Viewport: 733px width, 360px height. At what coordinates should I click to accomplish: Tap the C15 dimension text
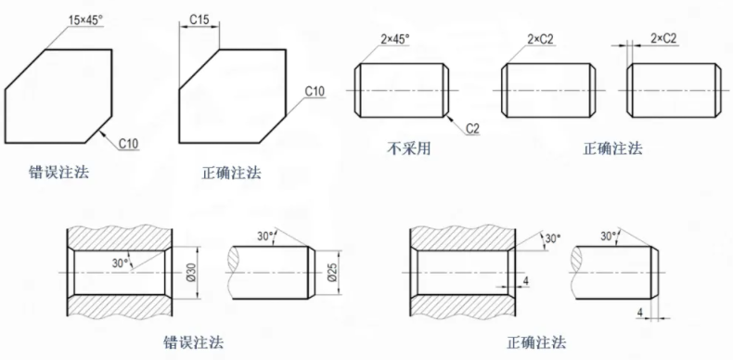(199, 19)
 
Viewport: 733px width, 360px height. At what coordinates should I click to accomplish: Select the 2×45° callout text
(394, 39)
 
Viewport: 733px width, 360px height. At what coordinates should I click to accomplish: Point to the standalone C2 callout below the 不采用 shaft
(471, 126)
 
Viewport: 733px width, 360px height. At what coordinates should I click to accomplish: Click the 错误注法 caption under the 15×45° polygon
(59, 172)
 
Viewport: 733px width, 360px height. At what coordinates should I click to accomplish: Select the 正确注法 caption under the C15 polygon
(232, 172)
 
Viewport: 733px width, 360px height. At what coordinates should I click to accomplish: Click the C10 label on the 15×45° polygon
(129, 144)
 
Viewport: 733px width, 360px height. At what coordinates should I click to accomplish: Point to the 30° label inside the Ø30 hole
(120, 261)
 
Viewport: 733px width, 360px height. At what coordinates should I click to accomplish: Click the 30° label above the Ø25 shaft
(266, 237)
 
